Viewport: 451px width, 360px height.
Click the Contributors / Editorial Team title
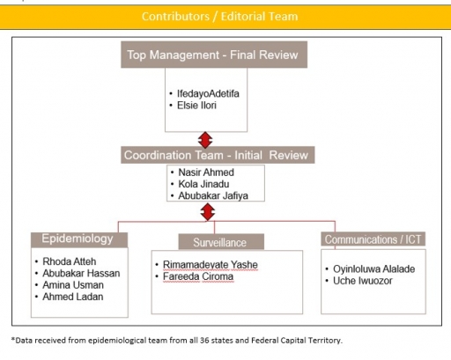coord(219,17)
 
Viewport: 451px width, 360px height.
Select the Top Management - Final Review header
coord(214,55)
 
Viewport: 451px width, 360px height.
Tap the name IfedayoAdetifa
coord(208,93)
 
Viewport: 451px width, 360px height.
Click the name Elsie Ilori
coord(196,106)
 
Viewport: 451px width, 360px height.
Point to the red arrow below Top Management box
coord(205,140)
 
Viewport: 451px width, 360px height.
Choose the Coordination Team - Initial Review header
coord(218,155)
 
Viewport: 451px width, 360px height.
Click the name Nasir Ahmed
coord(206,173)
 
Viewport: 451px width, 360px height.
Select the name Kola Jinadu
coord(203,184)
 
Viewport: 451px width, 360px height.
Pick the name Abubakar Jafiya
coord(213,195)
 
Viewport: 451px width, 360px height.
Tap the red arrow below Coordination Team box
coord(208,212)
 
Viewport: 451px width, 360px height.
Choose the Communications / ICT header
coord(373,239)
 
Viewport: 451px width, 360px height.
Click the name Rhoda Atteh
coord(70,261)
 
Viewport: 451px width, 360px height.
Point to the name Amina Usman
coord(73,285)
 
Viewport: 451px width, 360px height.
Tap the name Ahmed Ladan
coord(73,297)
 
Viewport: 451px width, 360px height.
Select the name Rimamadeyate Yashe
coord(211,265)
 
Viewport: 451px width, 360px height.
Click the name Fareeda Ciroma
coord(198,276)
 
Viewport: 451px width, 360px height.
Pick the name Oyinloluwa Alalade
coord(373,269)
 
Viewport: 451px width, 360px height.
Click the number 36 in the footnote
coord(204,341)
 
